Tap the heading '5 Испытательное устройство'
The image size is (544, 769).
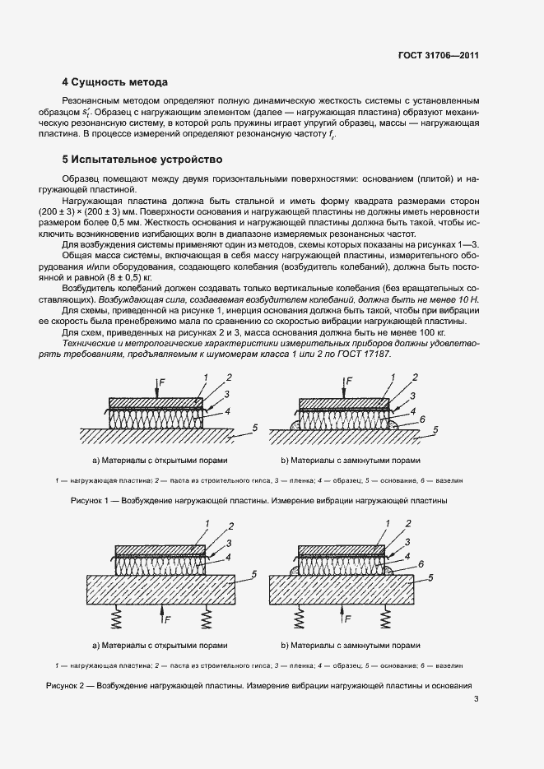pyautogui.click(x=142, y=157)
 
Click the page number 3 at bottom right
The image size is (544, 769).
pyautogui.click(x=477, y=700)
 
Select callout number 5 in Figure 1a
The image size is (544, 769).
pyautogui.click(x=255, y=428)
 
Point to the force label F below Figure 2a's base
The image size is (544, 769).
pyautogui.click(x=169, y=617)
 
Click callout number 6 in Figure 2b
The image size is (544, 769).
pyautogui.click(x=421, y=564)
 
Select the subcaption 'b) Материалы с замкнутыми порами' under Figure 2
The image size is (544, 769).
pyautogui.click(x=349, y=645)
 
